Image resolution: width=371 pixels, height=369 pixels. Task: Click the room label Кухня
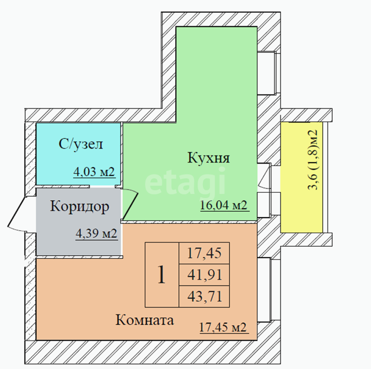click(x=209, y=158)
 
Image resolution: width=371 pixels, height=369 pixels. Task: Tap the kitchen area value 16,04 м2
click(x=224, y=205)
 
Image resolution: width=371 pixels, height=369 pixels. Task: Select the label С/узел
click(x=81, y=144)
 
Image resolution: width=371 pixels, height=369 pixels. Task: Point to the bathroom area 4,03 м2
click(x=94, y=172)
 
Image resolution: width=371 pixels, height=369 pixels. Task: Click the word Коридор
click(x=80, y=207)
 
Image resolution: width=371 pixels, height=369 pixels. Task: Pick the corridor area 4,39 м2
click(x=96, y=234)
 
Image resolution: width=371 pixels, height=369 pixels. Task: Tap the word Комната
click(x=144, y=320)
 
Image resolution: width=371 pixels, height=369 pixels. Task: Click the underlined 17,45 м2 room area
click(x=223, y=327)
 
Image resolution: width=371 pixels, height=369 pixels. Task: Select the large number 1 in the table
click(x=161, y=275)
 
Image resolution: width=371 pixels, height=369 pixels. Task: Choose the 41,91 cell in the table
click(x=205, y=275)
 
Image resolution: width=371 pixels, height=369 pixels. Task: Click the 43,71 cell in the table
click(x=205, y=296)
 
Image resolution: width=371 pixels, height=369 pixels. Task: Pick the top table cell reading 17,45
click(x=205, y=253)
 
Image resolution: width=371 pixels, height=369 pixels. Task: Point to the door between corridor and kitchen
click(x=130, y=204)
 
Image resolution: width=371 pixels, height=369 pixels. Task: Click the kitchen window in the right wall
click(x=269, y=73)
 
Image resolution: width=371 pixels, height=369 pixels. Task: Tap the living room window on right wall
click(x=268, y=290)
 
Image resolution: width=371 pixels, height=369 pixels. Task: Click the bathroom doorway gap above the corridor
click(x=102, y=187)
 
